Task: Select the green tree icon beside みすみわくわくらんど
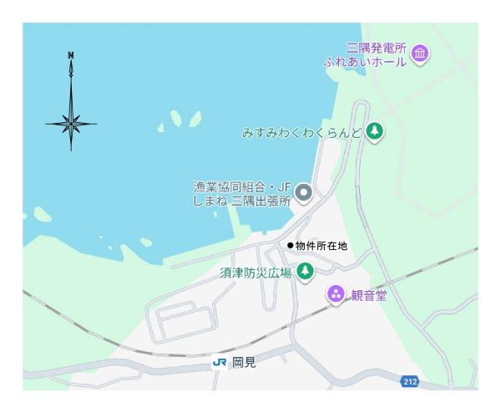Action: tap(376, 131)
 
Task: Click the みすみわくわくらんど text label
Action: tap(301, 132)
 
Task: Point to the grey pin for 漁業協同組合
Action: tap(305, 194)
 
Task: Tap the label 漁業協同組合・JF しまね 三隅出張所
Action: tap(242, 194)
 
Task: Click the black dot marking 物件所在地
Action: tap(290, 245)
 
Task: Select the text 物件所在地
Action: tap(321, 246)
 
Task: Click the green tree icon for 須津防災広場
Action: tap(306, 271)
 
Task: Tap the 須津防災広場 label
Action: tap(256, 273)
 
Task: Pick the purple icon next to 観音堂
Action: tap(335, 293)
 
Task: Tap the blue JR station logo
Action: tap(220, 363)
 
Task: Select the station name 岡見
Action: tap(244, 363)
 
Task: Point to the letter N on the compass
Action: tap(71, 56)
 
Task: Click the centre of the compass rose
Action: tap(71, 124)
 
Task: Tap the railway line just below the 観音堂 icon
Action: tap(334, 311)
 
